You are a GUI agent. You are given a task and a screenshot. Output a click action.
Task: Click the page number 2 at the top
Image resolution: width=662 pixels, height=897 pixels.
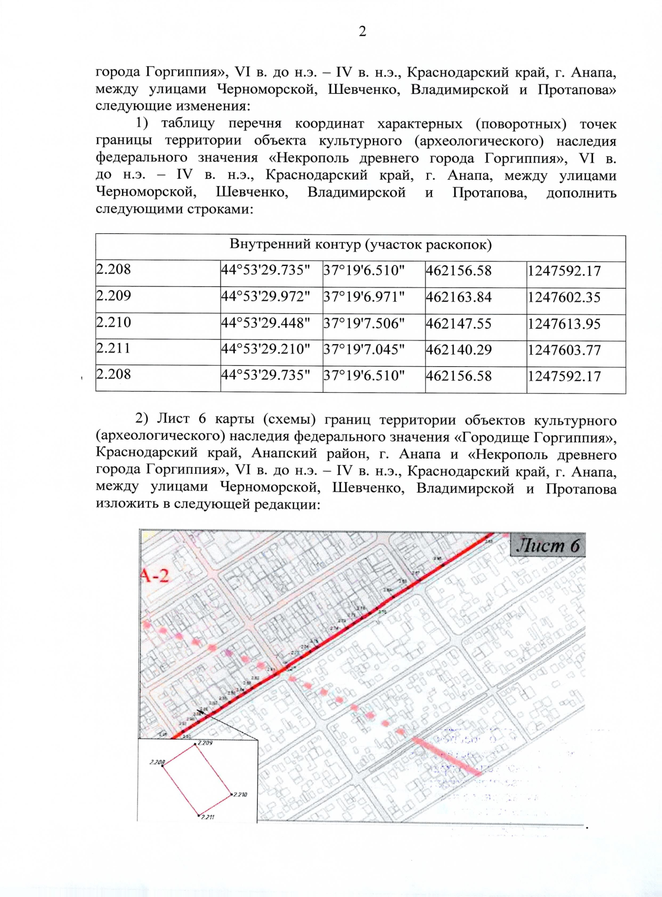(362, 32)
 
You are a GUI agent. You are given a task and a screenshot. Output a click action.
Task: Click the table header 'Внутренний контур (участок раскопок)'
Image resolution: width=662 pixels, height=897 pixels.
(360, 245)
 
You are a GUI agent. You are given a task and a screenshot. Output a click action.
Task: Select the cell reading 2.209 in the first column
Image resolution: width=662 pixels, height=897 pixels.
(114, 296)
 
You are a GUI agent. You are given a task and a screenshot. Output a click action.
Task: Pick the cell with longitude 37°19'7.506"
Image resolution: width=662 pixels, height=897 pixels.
(364, 323)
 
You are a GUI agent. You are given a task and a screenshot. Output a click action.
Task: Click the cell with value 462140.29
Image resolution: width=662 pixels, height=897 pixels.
(458, 350)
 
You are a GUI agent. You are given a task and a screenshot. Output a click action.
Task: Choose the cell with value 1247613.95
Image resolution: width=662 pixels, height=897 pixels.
(564, 324)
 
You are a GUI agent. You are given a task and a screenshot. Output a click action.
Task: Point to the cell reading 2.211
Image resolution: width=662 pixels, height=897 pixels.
(114, 348)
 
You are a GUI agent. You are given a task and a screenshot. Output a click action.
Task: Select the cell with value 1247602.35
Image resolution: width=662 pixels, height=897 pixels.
(564, 297)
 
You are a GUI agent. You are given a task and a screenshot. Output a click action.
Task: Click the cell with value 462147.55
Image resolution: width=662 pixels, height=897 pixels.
(458, 324)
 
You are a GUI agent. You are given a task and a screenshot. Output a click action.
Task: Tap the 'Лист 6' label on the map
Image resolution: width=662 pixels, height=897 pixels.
(547, 546)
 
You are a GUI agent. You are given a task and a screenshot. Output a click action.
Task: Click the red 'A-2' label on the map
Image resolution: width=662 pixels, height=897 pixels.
(154, 575)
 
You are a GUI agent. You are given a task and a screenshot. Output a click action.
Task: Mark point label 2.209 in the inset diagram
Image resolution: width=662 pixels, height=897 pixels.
(205, 743)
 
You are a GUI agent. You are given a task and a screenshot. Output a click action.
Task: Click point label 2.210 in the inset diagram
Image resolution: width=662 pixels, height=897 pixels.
(239, 794)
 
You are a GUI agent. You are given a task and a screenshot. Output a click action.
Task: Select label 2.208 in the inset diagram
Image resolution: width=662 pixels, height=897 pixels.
(157, 762)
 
